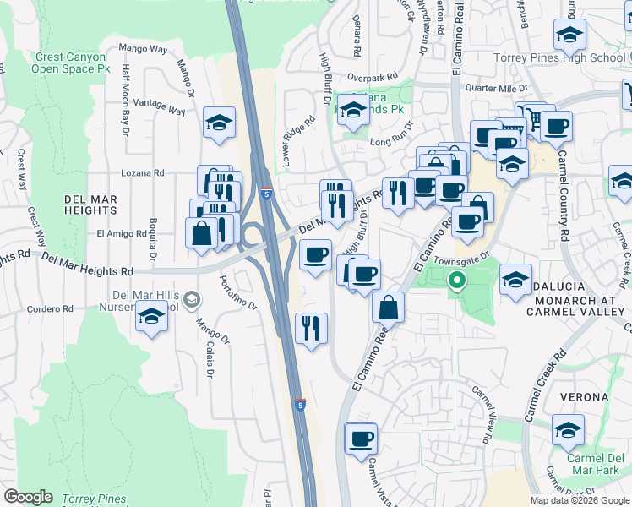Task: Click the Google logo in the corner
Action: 28,497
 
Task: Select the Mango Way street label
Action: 143,49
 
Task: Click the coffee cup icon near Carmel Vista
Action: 361,439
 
